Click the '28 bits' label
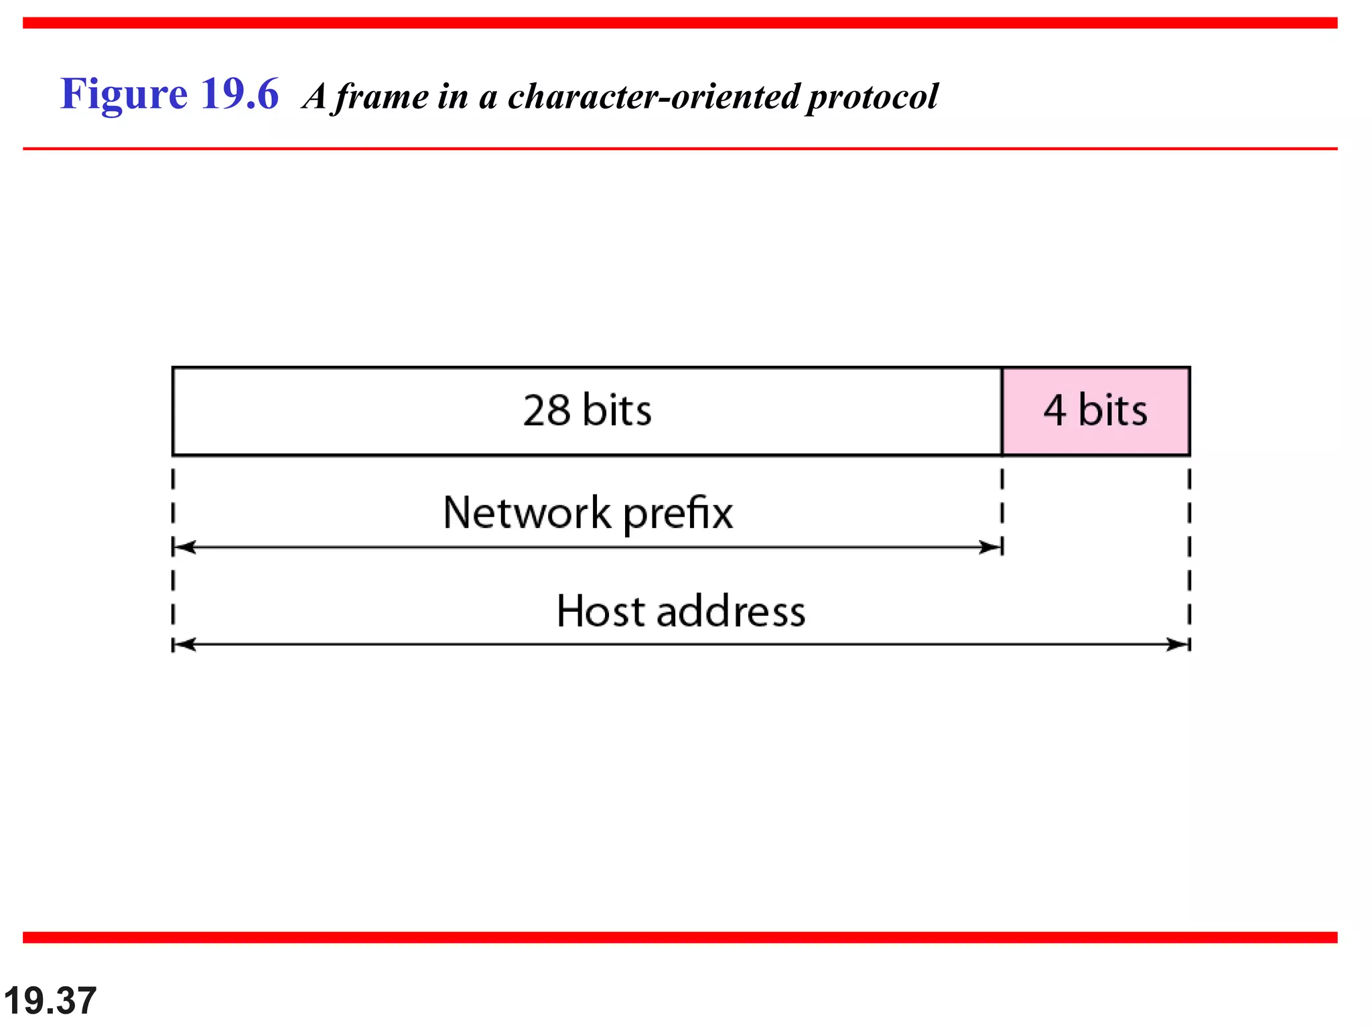pos(587,410)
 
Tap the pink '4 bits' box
pos(1095,411)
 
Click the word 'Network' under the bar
pos(527,513)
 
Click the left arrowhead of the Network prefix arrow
pos(184,547)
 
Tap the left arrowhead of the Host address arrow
pos(184,644)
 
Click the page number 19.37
pos(50,1001)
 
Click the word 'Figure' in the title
pos(124,94)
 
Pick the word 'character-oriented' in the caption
pos(654,96)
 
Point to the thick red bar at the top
pos(680,23)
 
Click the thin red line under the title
pos(680,149)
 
